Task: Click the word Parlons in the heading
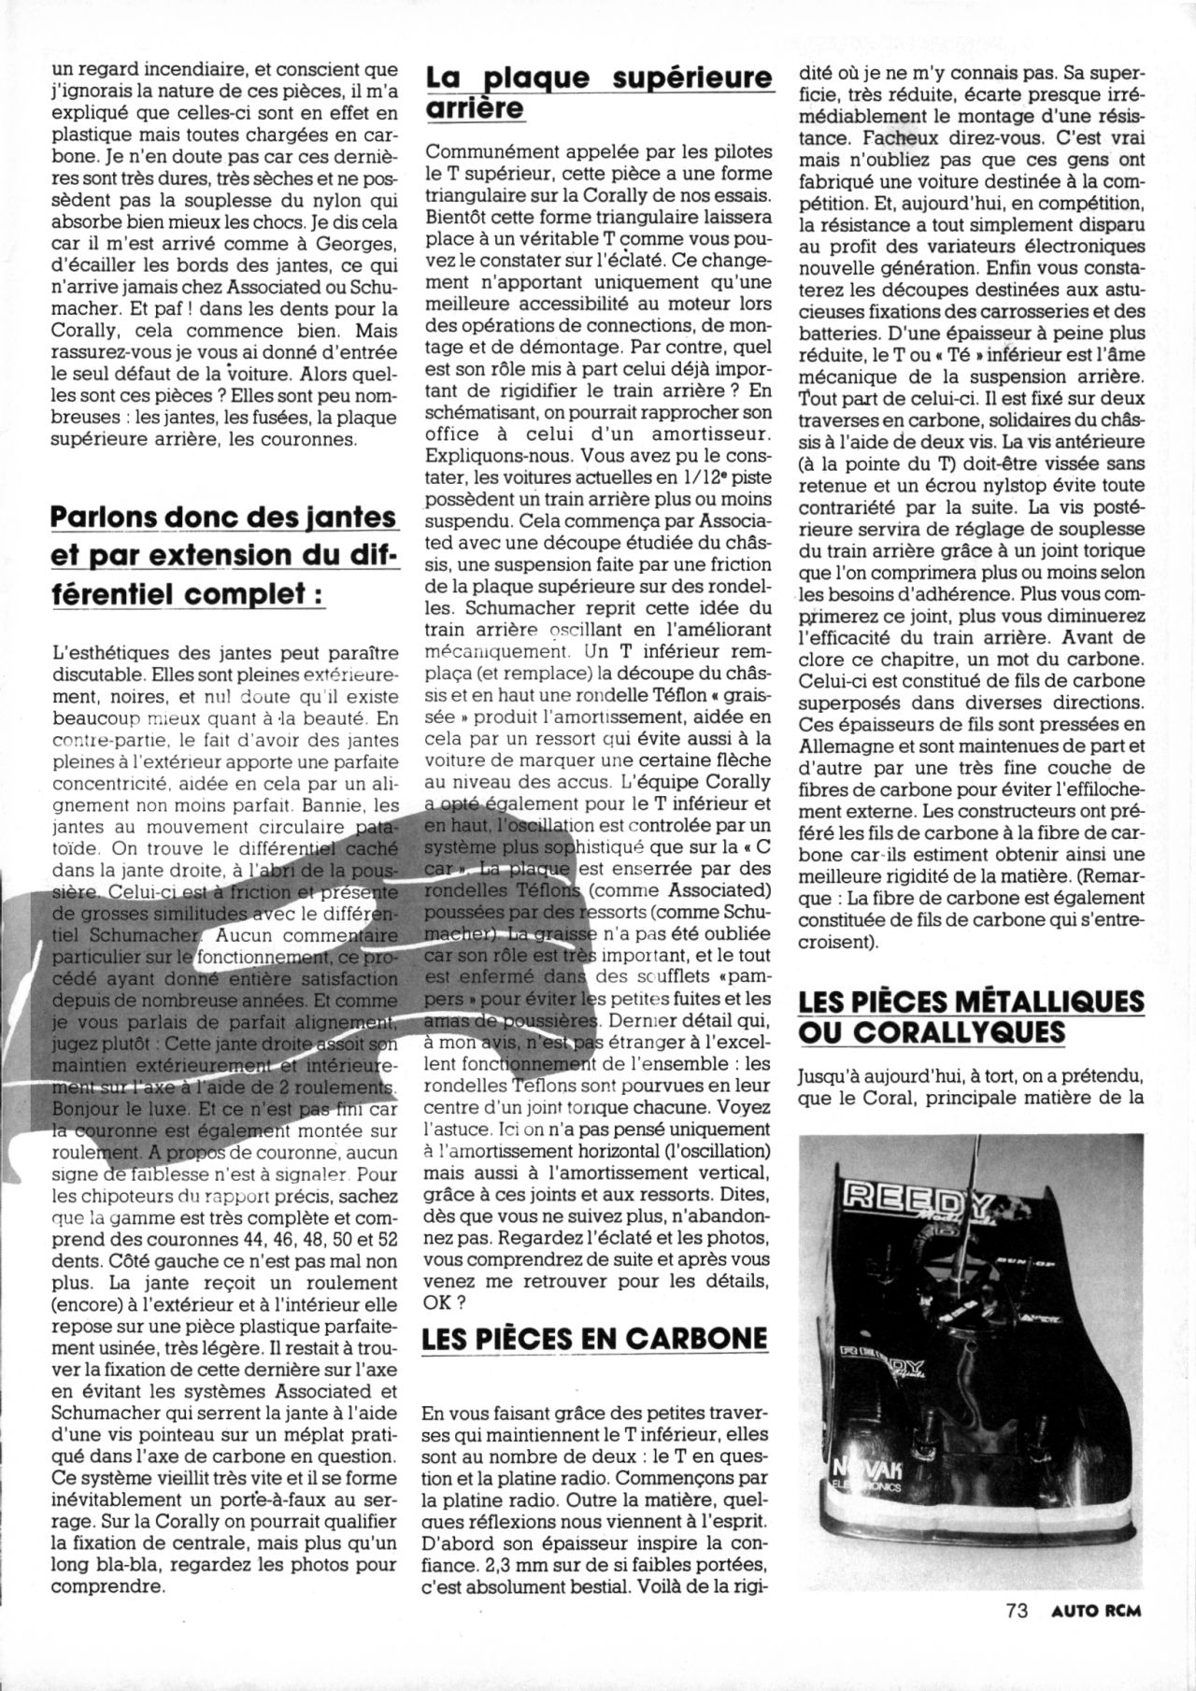click(x=101, y=517)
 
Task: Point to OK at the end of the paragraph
click(x=440, y=1300)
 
